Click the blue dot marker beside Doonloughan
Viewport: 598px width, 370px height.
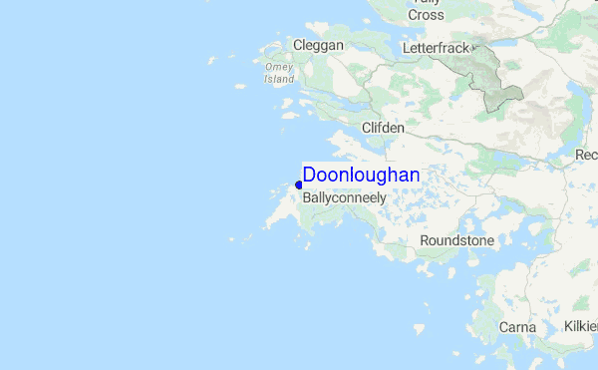pos(299,185)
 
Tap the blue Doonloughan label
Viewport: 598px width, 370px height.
pos(361,175)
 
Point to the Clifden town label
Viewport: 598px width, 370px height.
pos(384,129)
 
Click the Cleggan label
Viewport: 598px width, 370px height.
pos(318,45)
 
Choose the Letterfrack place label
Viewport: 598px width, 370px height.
pos(436,48)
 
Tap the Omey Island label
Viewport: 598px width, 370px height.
pos(279,73)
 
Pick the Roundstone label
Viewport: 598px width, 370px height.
pos(456,241)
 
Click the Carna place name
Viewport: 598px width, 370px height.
pos(517,327)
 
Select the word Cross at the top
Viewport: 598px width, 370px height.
pos(426,15)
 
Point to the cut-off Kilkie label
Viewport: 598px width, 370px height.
pos(579,327)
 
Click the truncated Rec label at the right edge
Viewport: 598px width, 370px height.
pos(586,155)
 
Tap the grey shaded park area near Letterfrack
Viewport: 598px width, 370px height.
pos(491,75)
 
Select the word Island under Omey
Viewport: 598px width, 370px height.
pos(279,79)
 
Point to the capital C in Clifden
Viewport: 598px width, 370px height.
pos(367,129)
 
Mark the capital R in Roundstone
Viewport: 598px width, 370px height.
pos(425,241)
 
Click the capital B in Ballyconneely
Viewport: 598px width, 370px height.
pos(307,197)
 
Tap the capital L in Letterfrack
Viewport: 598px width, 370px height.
pos(407,48)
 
